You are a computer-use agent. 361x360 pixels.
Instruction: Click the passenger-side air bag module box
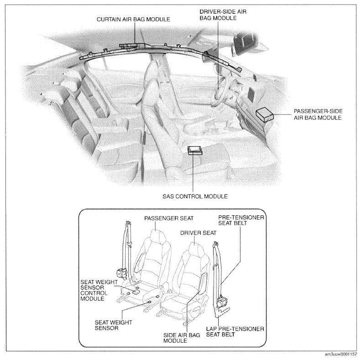click(266, 113)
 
